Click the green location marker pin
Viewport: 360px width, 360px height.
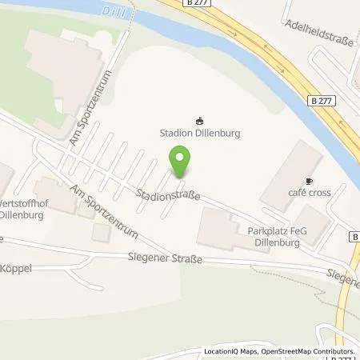pos(182,161)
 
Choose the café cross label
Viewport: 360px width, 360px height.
pos(310,193)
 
